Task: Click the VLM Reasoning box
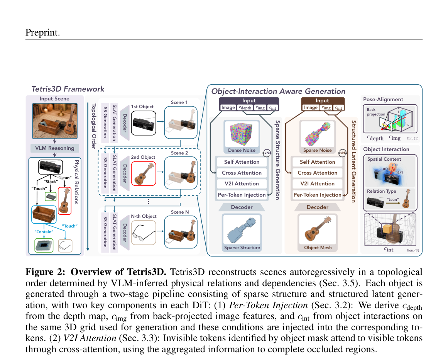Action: coord(54,148)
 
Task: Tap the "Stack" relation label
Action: coord(51,182)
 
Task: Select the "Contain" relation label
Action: coord(44,232)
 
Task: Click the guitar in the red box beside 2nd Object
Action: coord(144,173)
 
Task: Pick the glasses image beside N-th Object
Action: coord(144,232)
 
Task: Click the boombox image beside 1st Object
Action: coord(144,123)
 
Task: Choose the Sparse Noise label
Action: coord(318,150)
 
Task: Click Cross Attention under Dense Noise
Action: coord(242,173)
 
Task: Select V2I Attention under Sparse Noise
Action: coord(318,183)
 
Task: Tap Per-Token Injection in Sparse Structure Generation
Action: coord(242,195)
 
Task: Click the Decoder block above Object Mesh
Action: coord(318,207)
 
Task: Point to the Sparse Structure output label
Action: coord(242,248)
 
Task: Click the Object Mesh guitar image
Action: coord(318,229)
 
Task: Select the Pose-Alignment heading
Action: coord(383,100)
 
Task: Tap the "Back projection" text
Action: coord(376,112)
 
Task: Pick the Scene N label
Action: coord(180,212)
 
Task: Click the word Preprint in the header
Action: coord(42,32)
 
